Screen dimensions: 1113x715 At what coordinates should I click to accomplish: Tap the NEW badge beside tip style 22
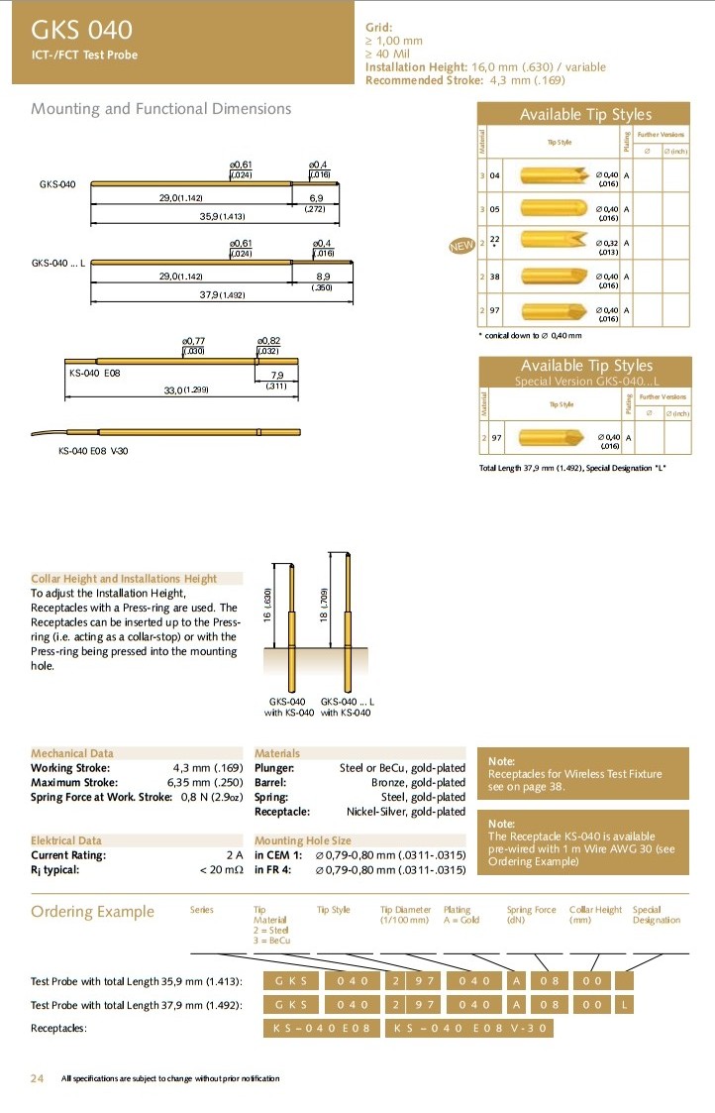coord(462,245)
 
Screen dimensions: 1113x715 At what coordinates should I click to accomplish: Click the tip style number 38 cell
coord(493,278)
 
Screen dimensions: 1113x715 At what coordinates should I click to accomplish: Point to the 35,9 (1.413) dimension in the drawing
coord(222,216)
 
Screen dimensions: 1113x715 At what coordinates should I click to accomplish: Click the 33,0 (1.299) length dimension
coord(185,390)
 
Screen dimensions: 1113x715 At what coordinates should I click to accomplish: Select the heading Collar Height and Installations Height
coord(124,578)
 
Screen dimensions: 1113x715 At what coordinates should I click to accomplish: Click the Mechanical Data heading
coord(72,753)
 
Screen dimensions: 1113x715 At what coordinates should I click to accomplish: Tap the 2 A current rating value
coord(235,855)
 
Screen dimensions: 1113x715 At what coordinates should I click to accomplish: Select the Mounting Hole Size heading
coord(303,840)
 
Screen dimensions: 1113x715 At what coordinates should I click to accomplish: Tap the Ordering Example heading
coord(93,912)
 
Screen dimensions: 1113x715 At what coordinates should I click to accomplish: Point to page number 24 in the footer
coord(37,1078)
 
